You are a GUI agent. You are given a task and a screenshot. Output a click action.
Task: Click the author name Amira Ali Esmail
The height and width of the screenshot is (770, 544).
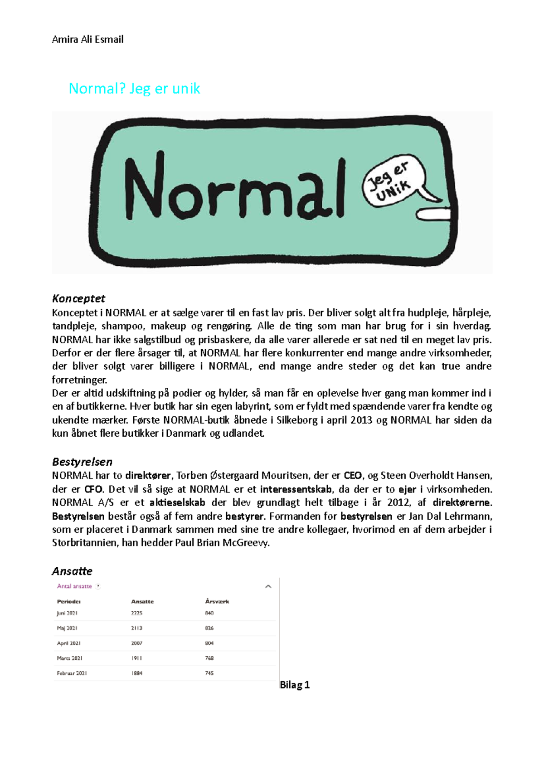tap(87, 39)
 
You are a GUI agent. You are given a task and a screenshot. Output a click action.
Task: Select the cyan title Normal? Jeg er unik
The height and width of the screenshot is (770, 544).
tap(134, 88)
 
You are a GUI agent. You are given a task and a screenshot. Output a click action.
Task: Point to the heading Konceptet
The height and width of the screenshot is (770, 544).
tap(78, 298)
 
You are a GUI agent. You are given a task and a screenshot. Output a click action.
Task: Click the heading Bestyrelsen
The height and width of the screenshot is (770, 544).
tap(82, 462)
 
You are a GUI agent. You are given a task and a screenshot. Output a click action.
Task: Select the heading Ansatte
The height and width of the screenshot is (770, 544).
tap(72, 571)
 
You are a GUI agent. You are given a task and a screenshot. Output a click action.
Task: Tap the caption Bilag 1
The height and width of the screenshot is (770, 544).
tap(295, 685)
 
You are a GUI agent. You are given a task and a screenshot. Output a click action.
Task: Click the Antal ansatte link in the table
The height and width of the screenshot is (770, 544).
tap(74, 586)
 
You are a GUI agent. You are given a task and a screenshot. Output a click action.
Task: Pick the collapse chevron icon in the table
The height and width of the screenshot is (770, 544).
tap(268, 586)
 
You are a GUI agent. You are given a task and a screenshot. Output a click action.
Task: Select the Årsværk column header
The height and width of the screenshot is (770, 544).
tap(217, 601)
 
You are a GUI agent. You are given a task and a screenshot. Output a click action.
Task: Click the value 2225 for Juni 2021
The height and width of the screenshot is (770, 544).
tap(136, 613)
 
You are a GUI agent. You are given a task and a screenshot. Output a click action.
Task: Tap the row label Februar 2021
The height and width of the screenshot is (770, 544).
tap(72, 673)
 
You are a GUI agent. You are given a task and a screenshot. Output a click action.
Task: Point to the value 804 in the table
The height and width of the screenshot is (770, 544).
tap(209, 643)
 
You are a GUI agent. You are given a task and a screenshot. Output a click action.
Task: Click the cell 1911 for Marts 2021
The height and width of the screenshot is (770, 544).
tap(136, 658)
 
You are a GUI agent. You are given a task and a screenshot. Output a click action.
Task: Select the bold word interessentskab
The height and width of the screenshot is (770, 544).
tap(296, 489)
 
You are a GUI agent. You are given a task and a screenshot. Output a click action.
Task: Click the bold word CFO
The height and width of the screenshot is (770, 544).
tap(93, 489)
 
